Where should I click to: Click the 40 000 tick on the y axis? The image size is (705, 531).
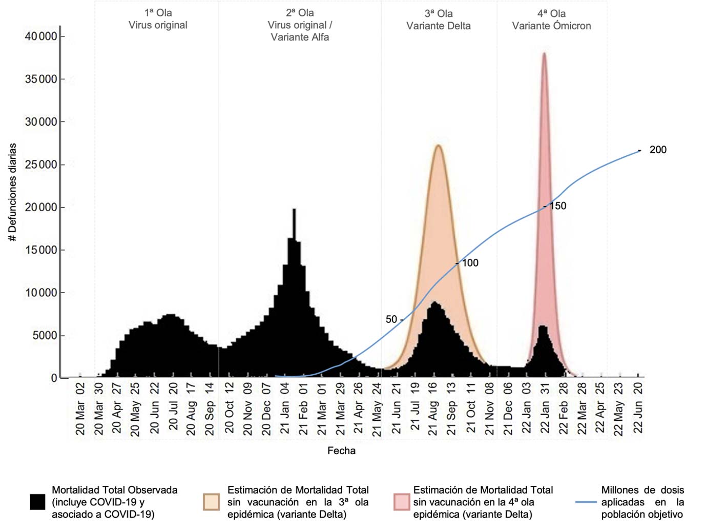(41, 36)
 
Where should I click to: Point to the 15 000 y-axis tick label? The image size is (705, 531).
(41, 250)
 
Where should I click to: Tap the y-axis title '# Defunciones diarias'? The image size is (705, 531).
(12, 192)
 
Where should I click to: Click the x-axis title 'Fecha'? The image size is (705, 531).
(341, 451)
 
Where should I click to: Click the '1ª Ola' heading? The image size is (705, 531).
(158, 13)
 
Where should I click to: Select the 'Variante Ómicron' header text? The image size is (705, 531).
(551, 26)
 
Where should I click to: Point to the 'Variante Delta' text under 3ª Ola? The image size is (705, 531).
(438, 26)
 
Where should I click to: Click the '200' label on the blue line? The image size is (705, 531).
(658, 150)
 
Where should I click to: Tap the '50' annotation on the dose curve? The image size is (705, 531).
(391, 319)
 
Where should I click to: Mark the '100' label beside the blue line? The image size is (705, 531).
(470, 263)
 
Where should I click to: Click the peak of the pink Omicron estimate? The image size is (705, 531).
(544, 54)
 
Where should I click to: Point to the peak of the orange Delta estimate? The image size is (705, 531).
(439, 146)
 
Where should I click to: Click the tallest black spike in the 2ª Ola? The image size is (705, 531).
(294, 210)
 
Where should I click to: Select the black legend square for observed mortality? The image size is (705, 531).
(37, 502)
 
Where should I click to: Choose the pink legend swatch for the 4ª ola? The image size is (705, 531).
(402, 502)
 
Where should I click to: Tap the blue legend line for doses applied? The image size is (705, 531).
(586, 502)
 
